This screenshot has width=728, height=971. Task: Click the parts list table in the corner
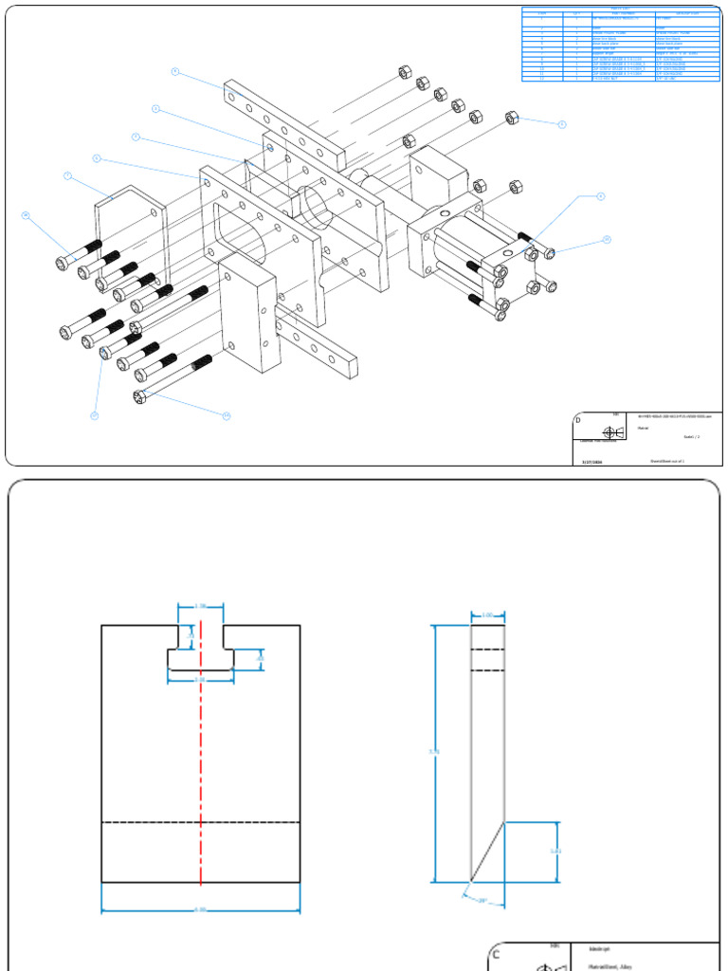(x=620, y=45)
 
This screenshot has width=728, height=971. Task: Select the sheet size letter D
(x=578, y=419)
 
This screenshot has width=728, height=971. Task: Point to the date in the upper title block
(x=591, y=461)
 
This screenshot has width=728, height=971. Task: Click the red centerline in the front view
(x=201, y=759)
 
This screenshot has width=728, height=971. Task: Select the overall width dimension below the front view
(x=200, y=910)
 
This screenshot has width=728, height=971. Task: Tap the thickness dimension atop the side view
(x=487, y=615)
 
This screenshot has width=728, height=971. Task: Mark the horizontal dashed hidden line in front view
(x=201, y=821)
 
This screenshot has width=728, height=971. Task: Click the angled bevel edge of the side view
(x=487, y=852)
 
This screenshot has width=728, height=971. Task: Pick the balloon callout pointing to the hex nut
(x=561, y=124)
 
